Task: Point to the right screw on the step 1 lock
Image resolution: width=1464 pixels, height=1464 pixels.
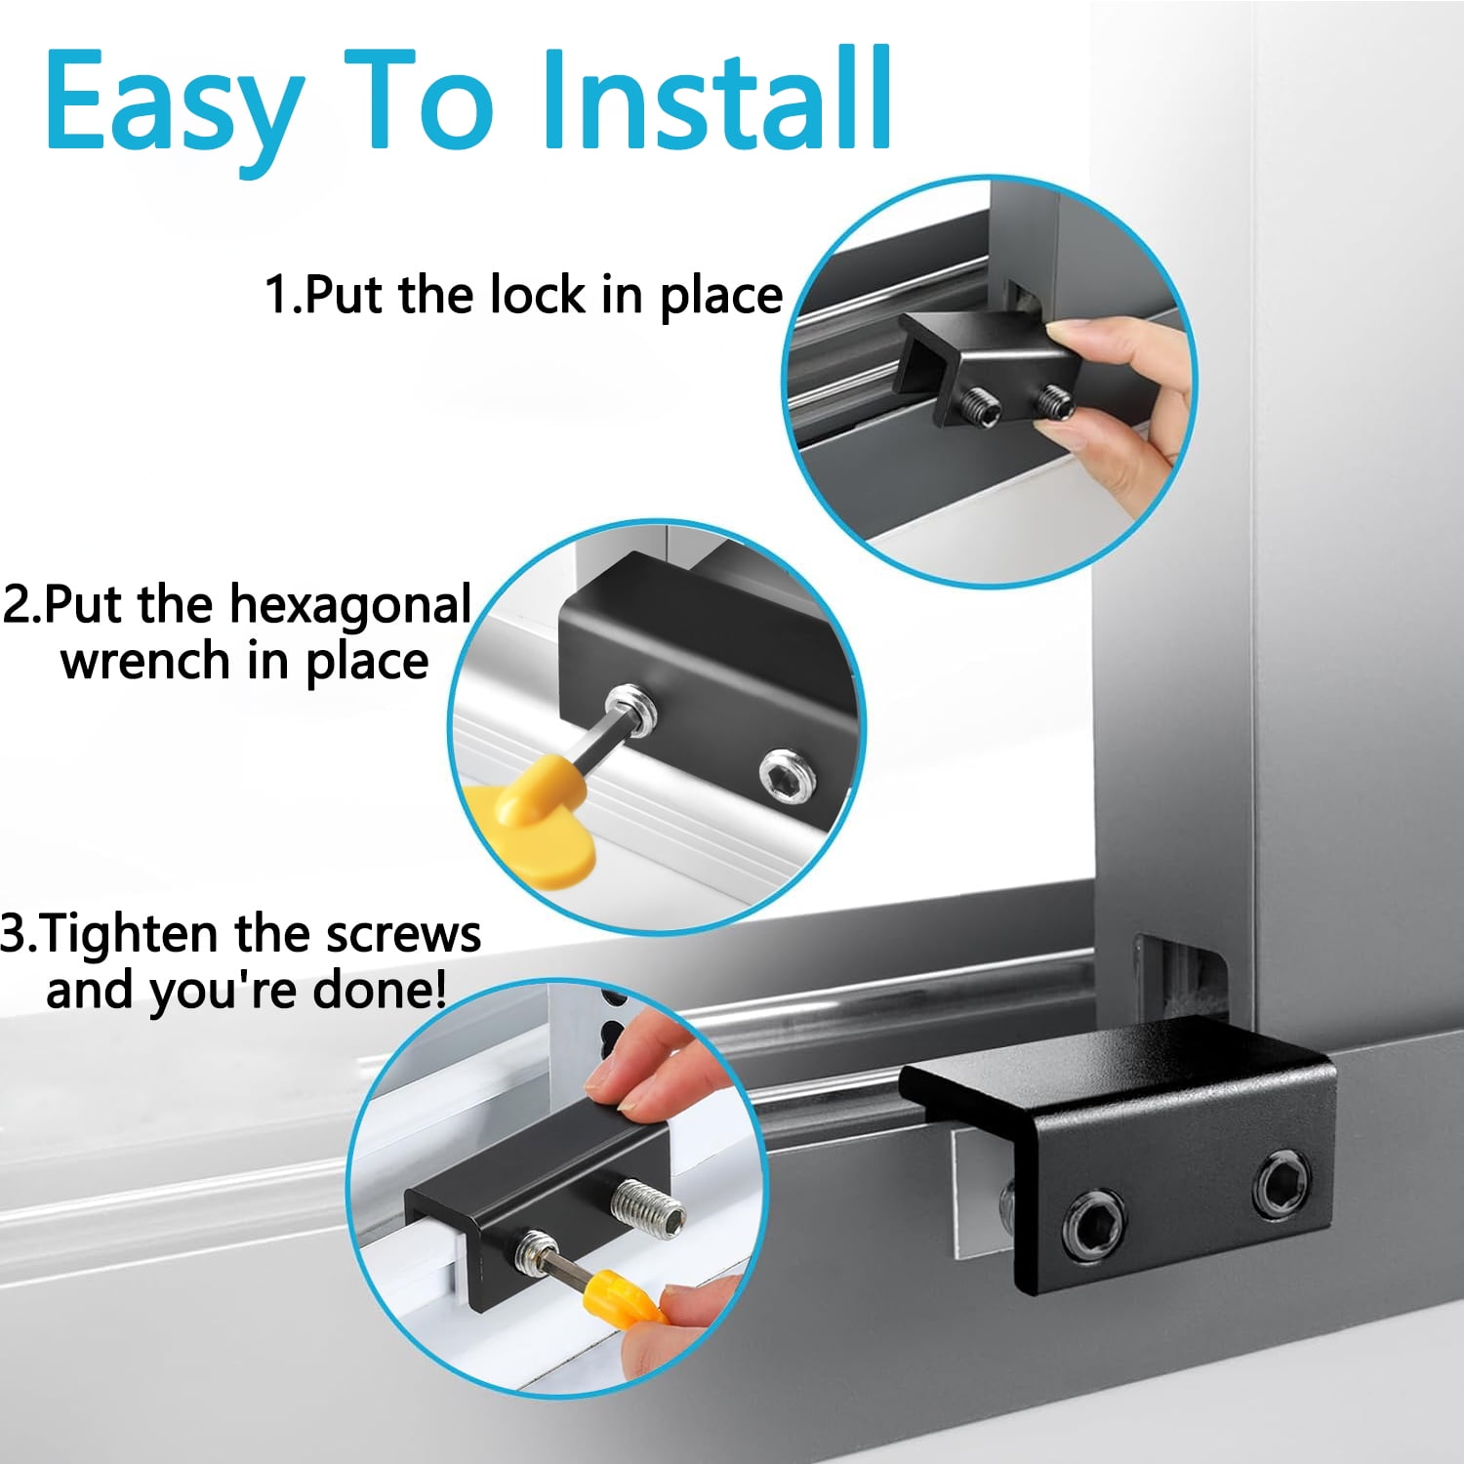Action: click(1056, 400)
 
